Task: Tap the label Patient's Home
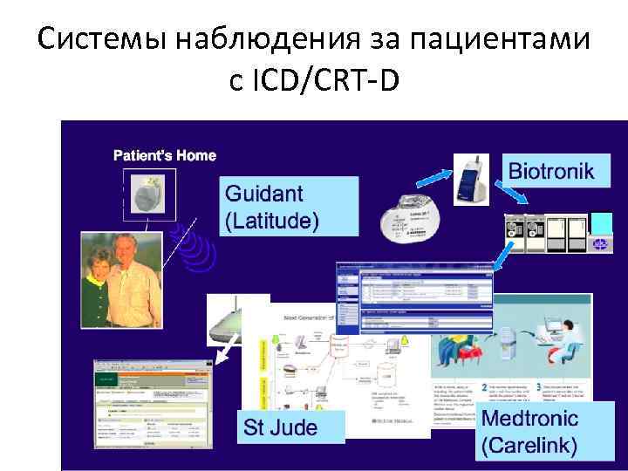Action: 165,155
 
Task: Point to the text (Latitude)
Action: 272,220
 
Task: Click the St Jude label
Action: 280,427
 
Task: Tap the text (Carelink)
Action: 529,446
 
